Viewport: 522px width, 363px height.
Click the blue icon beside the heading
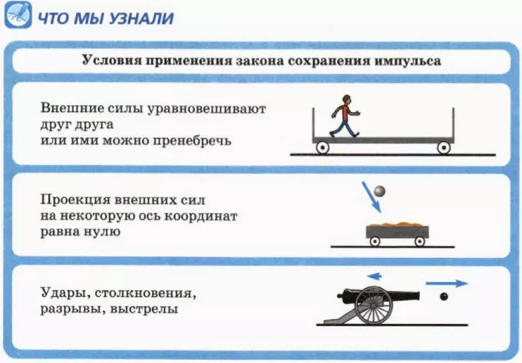[18, 15]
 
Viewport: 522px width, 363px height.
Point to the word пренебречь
[192, 141]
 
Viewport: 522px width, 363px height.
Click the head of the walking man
[346, 99]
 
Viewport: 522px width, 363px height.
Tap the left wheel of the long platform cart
[322, 147]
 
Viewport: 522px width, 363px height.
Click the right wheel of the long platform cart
[444, 147]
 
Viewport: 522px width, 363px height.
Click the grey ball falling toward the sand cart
[379, 191]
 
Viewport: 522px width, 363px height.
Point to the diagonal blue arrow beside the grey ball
[372, 197]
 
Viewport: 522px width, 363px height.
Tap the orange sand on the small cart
[398, 225]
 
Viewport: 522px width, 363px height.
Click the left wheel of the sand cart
[375, 241]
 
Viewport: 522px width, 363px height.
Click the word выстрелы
[144, 310]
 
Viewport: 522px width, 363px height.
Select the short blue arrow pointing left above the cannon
[374, 276]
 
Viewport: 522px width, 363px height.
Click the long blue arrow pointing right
[447, 283]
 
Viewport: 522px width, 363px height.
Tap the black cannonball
[444, 296]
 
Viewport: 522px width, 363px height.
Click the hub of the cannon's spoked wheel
[374, 305]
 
